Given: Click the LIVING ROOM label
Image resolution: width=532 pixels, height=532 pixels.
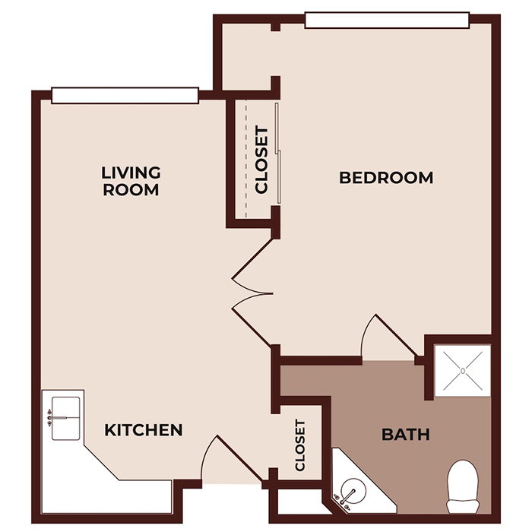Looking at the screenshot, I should tap(131, 181).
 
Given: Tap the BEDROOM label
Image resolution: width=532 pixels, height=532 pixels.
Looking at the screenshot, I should tap(386, 178).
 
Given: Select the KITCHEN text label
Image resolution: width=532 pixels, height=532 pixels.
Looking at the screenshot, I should tap(143, 430).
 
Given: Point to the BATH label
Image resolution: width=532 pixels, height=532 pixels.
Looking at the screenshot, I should tap(405, 435).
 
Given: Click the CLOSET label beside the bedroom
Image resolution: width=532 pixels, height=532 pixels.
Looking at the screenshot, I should tap(262, 160).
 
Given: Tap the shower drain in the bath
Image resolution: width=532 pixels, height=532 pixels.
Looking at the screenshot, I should tap(462, 370).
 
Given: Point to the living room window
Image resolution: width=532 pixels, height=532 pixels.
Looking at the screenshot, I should tap(125, 95).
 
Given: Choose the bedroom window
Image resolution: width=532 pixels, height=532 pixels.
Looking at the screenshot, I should tap(386, 19).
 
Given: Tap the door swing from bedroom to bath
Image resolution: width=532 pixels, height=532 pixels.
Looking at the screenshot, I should tap(384, 334).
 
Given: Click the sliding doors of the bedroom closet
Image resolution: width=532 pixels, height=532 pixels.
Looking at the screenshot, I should tap(279, 152).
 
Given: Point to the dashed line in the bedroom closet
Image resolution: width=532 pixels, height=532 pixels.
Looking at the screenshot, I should tap(246, 160).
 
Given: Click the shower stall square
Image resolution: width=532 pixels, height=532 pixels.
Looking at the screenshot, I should tap(462, 370).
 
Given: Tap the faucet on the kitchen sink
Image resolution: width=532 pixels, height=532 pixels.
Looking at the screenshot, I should tap(50, 417).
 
